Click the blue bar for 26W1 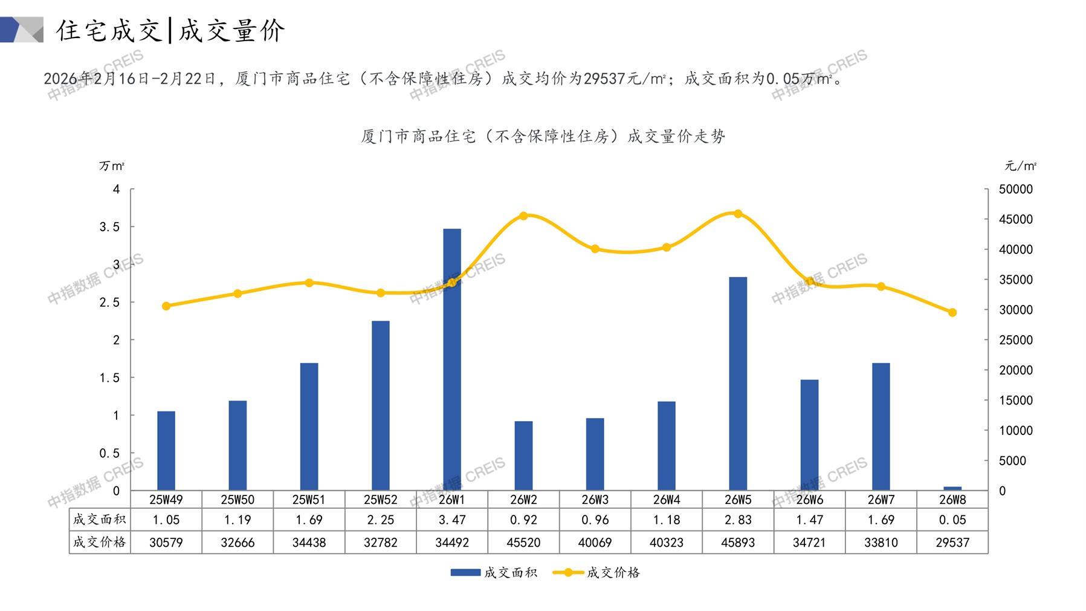(x=452, y=359)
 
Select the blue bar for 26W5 (x=738, y=384)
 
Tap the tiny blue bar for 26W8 (x=952, y=488)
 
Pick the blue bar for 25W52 (x=381, y=405)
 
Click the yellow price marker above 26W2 (x=523, y=216)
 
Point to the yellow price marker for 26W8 (x=952, y=313)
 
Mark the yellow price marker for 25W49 (x=166, y=306)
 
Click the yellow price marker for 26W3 (x=595, y=249)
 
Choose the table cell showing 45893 (x=738, y=543)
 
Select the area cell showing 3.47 (x=452, y=520)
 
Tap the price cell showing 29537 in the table (x=952, y=543)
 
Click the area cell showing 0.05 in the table (x=952, y=520)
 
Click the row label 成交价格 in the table (x=100, y=542)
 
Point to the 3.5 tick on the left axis (x=110, y=227)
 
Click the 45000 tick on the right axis (x=1016, y=220)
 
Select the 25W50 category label (x=238, y=500)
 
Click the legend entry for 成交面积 (x=494, y=572)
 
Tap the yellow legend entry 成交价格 (x=596, y=572)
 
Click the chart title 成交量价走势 (x=543, y=137)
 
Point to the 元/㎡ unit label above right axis (x=1021, y=166)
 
